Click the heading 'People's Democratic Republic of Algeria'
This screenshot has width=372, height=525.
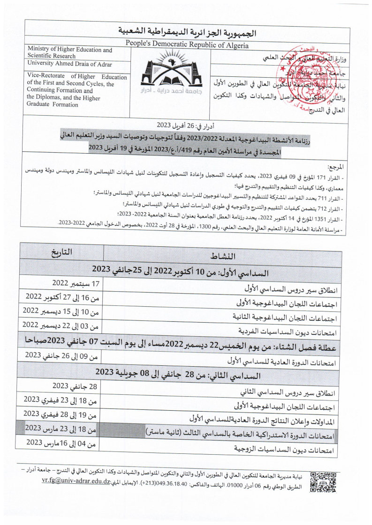187,45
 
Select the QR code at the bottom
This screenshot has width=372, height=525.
323,482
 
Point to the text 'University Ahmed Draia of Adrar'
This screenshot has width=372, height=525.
69,64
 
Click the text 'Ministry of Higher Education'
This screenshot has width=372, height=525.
70,50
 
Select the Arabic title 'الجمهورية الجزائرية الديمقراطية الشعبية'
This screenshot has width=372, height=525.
187,33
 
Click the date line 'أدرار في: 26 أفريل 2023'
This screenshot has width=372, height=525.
186,126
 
